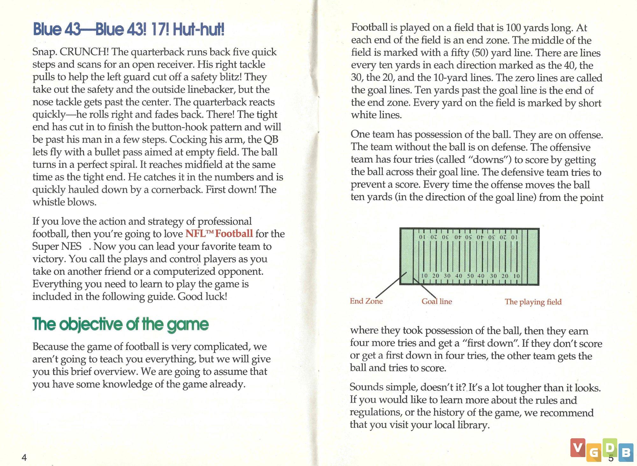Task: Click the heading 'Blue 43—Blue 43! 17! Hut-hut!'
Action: (x=129, y=30)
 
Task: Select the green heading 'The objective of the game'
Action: (x=120, y=324)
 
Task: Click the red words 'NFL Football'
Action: (x=219, y=234)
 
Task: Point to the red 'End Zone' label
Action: (x=366, y=301)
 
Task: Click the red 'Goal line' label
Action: (x=436, y=302)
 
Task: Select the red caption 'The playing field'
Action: (x=533, y=302)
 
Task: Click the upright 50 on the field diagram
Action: (x=470, y=276)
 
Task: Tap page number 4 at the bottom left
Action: (x=24, y=458)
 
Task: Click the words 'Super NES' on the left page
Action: (x=57, y=246)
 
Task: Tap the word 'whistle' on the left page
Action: (x=47, y=202)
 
